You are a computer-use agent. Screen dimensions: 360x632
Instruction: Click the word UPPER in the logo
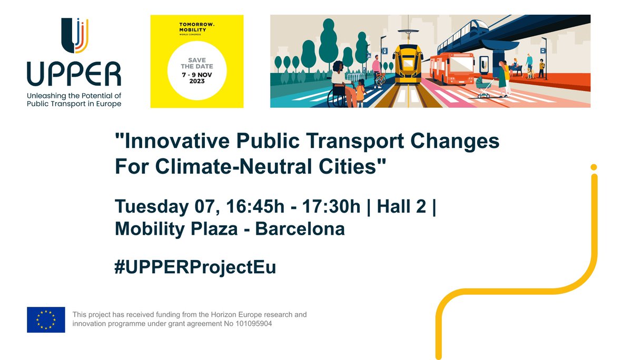click(x=74, y=74)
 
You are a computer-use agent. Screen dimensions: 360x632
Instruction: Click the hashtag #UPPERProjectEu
click(x=195, y=267)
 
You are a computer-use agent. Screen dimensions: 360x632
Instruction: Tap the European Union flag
click(x=46, y=319)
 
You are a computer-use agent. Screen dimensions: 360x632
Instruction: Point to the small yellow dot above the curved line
click(x=594, y=167)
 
